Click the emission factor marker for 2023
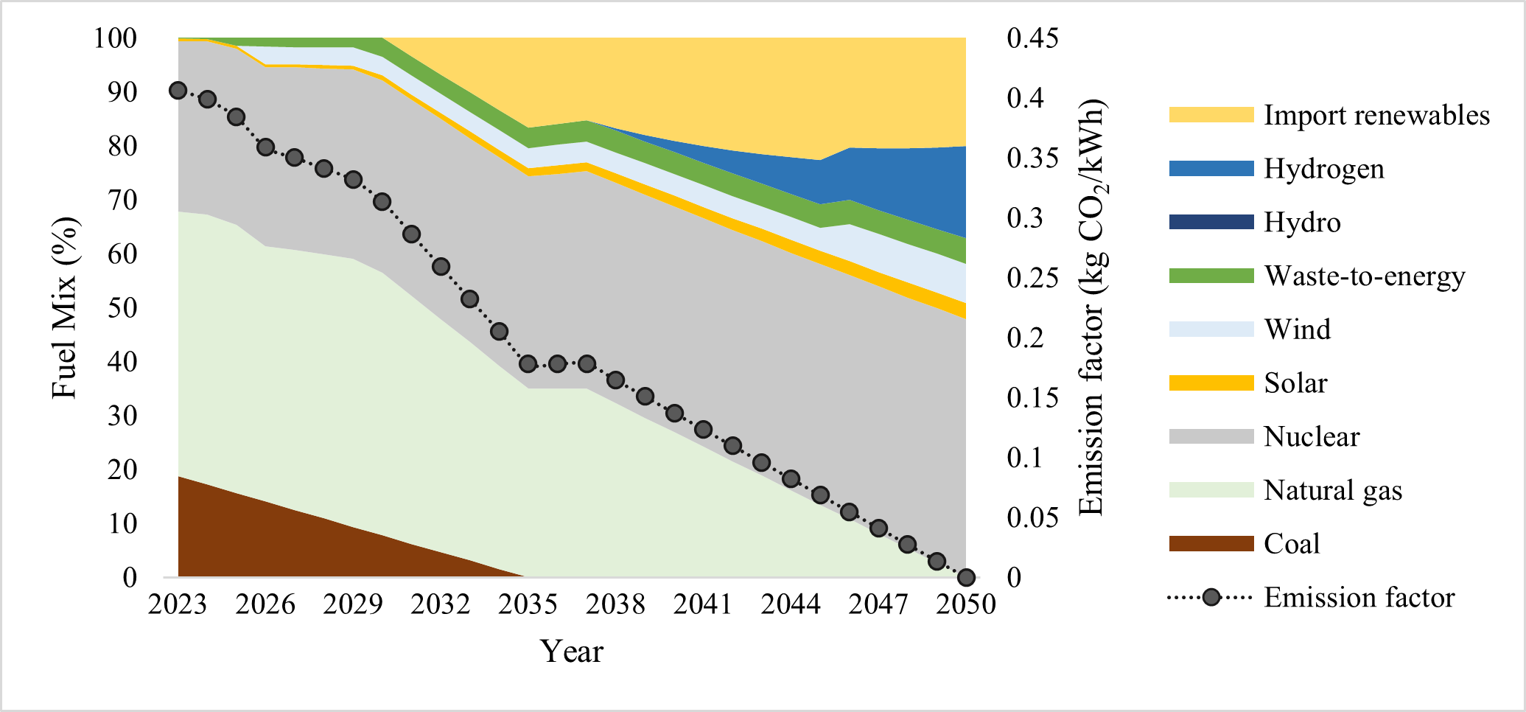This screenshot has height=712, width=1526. tap(178, 91)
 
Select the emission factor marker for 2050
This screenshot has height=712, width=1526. tap(966, 577)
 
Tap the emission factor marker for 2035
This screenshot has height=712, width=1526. tap(528, 364)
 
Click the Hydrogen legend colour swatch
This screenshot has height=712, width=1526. tap(1211, 169)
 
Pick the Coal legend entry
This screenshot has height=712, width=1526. tap(1291, 544)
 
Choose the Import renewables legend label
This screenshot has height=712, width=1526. tap(1376, 115)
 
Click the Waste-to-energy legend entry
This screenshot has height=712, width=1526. tap(1364, 276)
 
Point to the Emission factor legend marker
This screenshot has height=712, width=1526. tap(1211, 598)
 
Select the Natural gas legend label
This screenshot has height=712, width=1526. tap(1332, 490)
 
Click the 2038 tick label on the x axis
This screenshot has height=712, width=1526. tap(615, 605)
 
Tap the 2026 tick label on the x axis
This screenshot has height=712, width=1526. tap(265, 605)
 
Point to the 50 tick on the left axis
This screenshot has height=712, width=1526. tap(122, 308)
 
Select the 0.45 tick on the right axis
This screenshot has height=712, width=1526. tap(1032, 38)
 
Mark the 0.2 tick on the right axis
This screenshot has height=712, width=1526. tap(1026, 338)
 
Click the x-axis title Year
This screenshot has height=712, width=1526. tap(571, 652)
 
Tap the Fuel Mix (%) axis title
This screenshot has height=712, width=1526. tap(65, 307)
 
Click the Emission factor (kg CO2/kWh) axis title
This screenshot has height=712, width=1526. tap(1092, 307)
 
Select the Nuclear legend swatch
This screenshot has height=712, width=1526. tap(1211, 436)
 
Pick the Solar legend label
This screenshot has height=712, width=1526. tap(1295, 383)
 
